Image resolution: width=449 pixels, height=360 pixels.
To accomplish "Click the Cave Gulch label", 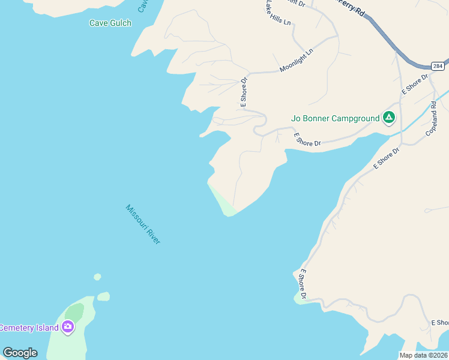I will point(110,23).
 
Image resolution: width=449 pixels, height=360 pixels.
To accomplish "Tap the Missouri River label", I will point(143,224).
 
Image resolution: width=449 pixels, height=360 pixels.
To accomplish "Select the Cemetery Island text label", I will point(29,328).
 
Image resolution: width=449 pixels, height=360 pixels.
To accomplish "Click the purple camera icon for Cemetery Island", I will point(68,327).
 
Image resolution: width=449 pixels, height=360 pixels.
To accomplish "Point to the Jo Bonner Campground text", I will point(335,118).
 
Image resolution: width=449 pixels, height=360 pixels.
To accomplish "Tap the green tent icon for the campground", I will point(389,118).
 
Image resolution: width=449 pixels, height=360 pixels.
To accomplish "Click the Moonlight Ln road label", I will point(297,61).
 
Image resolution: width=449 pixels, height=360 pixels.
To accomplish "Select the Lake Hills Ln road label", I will point(277,13).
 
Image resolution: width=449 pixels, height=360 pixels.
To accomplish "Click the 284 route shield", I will point(438,65).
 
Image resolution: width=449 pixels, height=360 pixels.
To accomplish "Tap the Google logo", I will point(20,352).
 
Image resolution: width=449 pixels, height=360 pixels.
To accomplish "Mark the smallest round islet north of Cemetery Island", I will point(97,277).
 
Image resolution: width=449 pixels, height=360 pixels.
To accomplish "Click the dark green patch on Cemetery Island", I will point(74,311).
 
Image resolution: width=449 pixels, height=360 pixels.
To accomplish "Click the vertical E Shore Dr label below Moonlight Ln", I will point(244,92).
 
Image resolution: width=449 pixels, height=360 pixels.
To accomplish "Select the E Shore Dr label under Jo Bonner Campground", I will point(308,140).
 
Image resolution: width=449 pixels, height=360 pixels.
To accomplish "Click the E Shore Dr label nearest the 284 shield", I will point(415,84).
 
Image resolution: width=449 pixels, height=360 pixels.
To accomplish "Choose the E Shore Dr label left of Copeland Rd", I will point(386,157).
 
